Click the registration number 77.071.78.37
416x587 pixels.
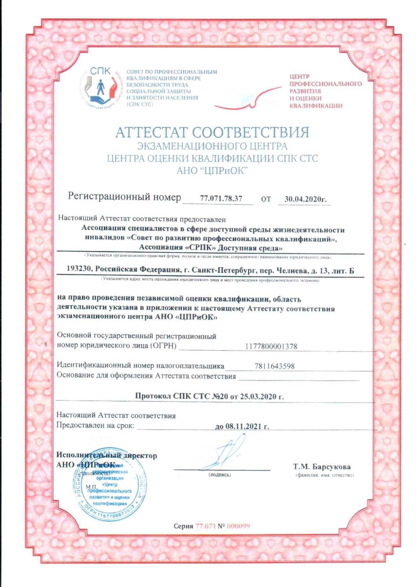(x=221, y=198)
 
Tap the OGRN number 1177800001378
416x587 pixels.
(x=271, y=347)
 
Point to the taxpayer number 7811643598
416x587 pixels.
(x=274, y=366)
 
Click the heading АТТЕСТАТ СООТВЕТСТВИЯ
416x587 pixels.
(x=212, y=133)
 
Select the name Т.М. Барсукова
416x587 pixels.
(x=322, y=466)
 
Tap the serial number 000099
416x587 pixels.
(x=238, y=525)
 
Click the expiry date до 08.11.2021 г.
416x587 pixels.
(x=242, y=426)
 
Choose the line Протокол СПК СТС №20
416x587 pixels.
(x=209, y=396)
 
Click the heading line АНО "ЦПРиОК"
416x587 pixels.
(x=212, y=171)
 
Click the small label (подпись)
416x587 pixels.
(x=219, y=474)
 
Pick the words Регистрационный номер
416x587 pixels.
(x=124, y=197)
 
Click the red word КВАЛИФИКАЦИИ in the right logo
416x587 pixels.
(x=316, y=106)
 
